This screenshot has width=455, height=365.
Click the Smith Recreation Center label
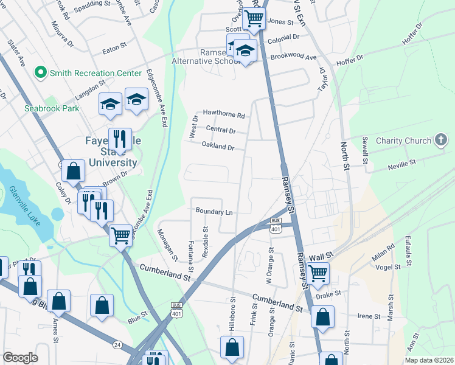tap(96, 73)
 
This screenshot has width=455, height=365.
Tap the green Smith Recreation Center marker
tap(41, 73)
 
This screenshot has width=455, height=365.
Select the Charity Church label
tap(403, 141)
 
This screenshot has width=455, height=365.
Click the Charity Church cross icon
tap(440, 141)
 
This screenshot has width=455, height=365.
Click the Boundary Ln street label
tap(214, 211)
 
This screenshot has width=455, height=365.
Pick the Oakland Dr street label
tap(218, 147)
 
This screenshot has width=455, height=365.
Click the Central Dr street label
tap(220, 130)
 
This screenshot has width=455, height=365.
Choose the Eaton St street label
tap(114, 45)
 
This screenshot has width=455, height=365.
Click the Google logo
tap(20, 358)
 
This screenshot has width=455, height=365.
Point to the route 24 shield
tap(117, 345)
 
